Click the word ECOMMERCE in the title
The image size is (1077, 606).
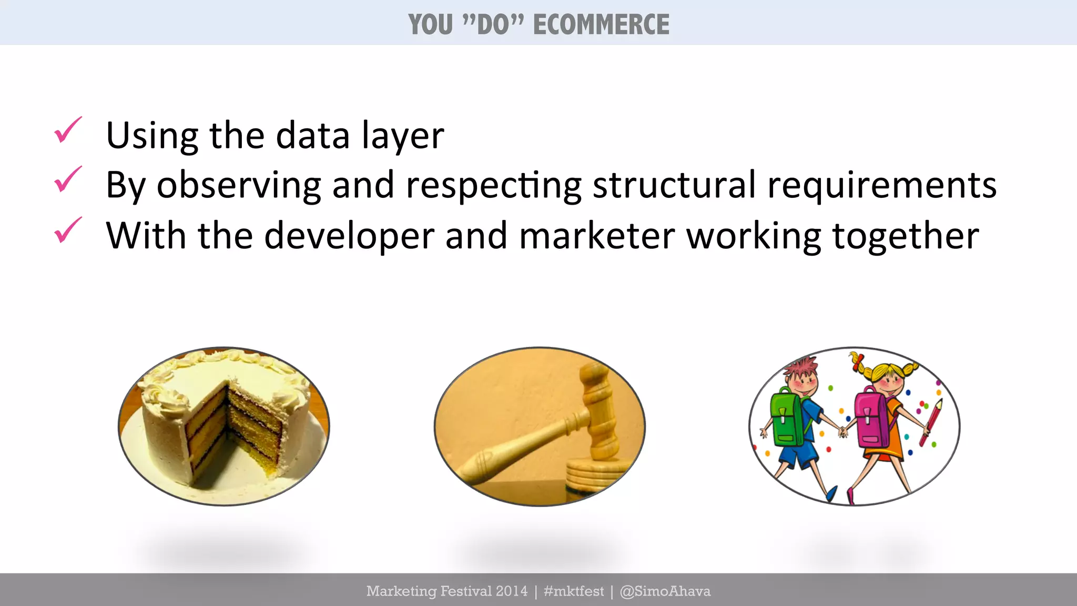[x=601, y=25]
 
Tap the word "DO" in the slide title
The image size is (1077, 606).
[x=493, y=25]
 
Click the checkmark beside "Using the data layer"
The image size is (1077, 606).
[x=68, y=130]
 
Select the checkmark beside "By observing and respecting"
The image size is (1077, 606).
[x=68, y=179]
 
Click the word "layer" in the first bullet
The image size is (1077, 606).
[x=403, y=136]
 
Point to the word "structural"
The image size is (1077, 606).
[x=674, y=185]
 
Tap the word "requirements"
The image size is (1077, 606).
[x=882, y=186]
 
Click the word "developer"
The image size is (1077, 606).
[x=349, y=236]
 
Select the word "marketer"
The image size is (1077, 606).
[x=597, y=235]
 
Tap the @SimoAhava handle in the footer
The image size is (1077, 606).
[x=665, y=591]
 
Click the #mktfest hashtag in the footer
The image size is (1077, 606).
[x=574, y=591]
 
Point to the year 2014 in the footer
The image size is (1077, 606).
[x=511, y=591]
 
